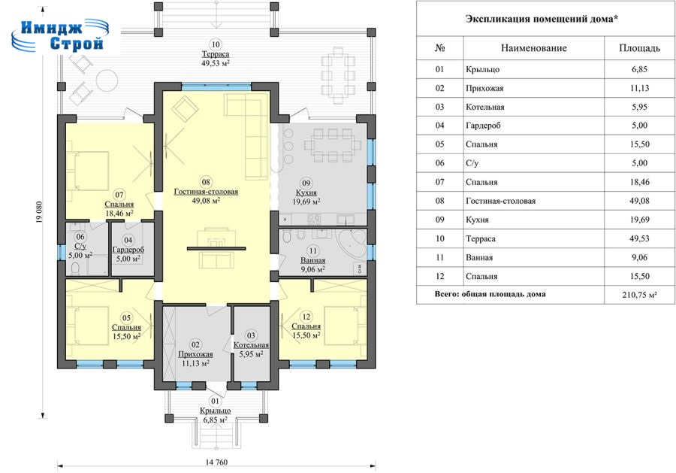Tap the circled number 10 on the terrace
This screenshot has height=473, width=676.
click(216, 44)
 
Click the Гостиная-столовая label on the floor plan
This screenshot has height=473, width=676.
click(206, 192)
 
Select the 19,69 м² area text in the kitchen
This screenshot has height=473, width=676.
click(306, 202)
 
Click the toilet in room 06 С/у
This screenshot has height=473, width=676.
click(74, 268)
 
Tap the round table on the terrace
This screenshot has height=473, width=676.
click(107, 80)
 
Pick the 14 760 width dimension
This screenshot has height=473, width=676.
click(216, 462)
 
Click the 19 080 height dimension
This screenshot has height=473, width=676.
click(39, 218)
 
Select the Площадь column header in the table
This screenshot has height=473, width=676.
click(639, 48)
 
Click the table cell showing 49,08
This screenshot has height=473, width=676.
click(639, 201)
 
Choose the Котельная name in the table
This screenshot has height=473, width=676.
click(485, 107)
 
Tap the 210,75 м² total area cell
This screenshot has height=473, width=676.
click(639, 295)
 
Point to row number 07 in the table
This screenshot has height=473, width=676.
click(439, 182)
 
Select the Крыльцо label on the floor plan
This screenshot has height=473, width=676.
click(215, 411)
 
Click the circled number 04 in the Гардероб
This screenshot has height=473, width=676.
click(128, 241)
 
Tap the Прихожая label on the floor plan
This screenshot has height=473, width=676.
click(196, 354)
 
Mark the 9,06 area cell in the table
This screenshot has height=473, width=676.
click(639, 257)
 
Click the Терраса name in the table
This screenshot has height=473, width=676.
click(481, 238)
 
